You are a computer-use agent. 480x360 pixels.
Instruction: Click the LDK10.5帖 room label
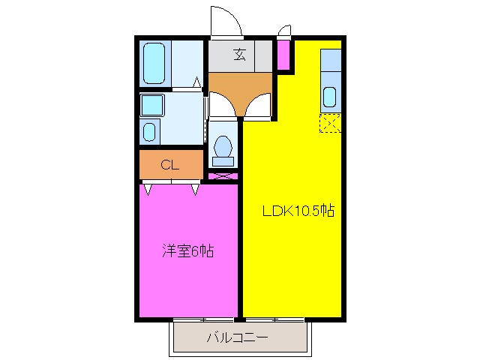tap(298, 211)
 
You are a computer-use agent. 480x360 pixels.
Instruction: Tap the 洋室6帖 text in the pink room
tap(188, 251)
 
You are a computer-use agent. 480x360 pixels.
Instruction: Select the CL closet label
tap(169, 165)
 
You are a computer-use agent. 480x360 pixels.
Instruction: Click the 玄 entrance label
tap(239, 54)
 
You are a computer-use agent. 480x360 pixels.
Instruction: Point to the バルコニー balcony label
tap(238, 338)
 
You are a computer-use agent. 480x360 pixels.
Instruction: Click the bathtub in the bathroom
tap(154, 64)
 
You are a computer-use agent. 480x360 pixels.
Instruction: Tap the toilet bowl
tap(223, 148)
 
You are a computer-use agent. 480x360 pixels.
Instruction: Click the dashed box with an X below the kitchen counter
tap(330, 122)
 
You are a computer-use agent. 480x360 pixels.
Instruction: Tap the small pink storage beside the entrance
tap(283, 54)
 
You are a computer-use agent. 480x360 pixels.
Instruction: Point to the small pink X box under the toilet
tap(223, 176)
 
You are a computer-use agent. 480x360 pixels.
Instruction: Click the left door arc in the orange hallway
tap(222, 104)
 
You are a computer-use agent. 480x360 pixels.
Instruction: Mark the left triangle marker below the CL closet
tap(147, 189)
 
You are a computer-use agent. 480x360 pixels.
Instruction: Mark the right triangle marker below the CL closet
tap(195, 189)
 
